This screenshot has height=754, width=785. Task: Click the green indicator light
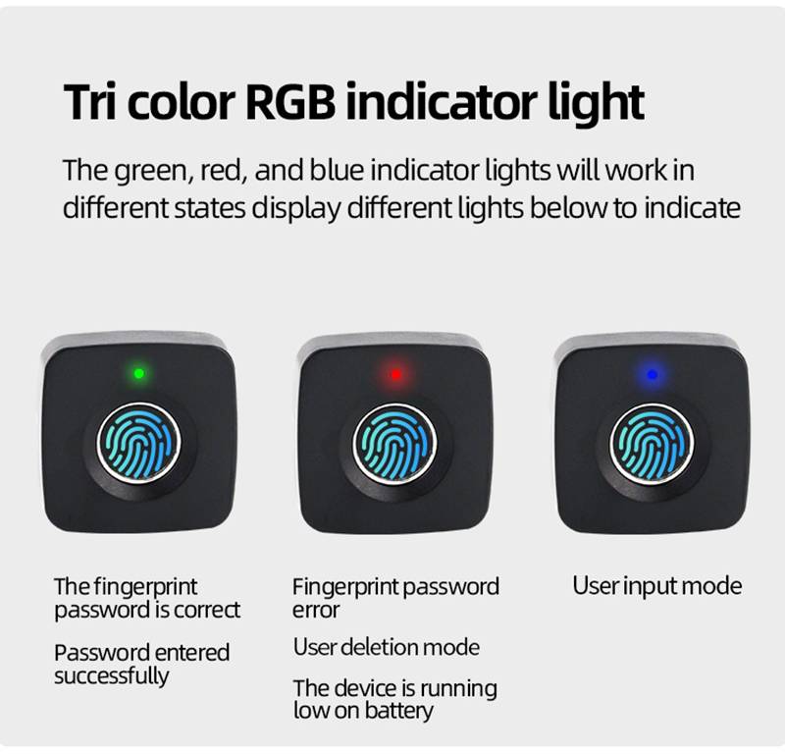click(139, 374)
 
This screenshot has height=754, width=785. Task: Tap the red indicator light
click(396, 375)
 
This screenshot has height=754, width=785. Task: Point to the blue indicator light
click(652, 375)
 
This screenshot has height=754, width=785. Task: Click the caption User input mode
click(656, 586)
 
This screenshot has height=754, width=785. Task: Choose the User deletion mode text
click(386, 647)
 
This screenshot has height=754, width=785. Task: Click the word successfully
click(112, 675)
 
